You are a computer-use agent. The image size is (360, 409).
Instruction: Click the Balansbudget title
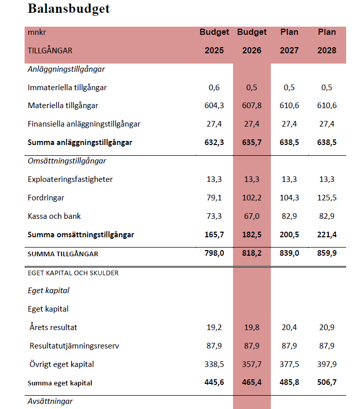point(69,9)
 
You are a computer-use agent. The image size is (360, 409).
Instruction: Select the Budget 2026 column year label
point(251,50)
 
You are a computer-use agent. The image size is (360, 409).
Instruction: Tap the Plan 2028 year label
point(327,50)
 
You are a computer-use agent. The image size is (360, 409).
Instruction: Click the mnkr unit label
point(37,32)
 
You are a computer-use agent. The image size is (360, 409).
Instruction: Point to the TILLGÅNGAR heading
point(50,50)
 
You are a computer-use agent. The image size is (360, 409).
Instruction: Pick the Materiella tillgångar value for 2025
point(214,106)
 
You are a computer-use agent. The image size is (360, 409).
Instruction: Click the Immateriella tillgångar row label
point(67,87)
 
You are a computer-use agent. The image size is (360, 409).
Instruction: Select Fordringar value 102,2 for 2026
point(251,198)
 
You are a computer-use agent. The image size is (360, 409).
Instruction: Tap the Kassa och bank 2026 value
point(251,216)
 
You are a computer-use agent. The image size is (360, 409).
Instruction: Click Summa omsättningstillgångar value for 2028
point(327,235)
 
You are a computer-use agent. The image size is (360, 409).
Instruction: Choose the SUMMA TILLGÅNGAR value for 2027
point(289,253)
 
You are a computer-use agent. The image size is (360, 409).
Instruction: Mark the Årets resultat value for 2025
point(214,327)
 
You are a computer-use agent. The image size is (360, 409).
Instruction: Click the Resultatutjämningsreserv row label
point(74,346)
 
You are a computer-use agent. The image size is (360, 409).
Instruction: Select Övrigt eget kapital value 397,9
point(327,364)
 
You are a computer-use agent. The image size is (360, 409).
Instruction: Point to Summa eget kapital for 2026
point(251,382)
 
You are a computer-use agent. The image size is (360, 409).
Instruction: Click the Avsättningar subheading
point(50,401)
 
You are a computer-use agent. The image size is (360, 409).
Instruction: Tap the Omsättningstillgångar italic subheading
point(67,161)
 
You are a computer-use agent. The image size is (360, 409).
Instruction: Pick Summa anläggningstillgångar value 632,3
point(214,142)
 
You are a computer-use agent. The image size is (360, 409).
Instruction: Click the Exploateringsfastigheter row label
point(70,179)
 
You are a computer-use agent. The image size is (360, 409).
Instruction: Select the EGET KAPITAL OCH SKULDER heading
point(73,273)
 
